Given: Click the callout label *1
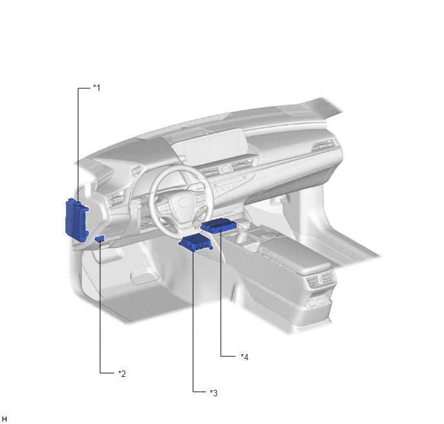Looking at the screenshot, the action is pos(97,88).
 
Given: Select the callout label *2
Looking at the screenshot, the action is pos(122,374).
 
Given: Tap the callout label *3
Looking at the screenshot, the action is pos(214,392).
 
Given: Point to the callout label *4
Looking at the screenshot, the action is pos(245,357).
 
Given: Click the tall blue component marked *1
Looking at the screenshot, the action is pos(76,220).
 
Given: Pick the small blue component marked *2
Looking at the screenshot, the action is pos(99,239).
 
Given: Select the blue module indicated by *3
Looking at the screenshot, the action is pos(196,243).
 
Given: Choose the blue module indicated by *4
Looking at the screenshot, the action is pos(219,226).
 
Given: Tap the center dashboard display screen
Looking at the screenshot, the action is pos(210,147).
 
